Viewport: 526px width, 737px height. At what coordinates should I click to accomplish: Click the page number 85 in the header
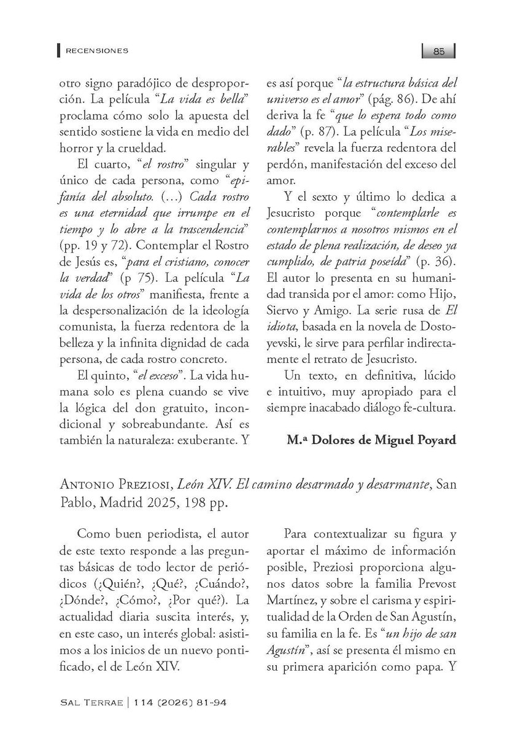(438, 52)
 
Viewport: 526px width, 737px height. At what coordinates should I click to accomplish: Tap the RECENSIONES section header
(94, 51)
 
